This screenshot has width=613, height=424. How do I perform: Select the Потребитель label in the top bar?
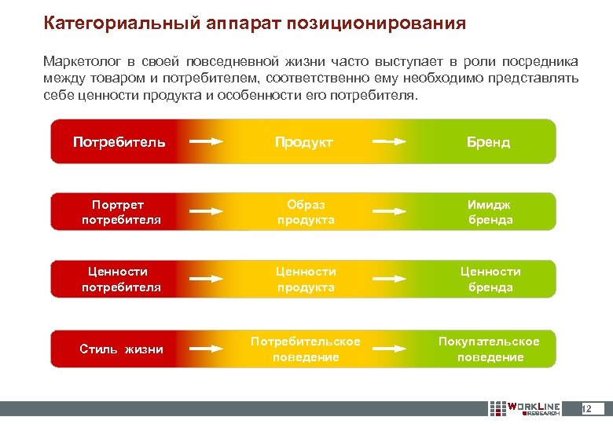(x=119, y=142)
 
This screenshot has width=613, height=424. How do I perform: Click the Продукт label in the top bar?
(x=304, y=142)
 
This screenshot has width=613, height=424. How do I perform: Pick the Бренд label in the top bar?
(x=488, y=142)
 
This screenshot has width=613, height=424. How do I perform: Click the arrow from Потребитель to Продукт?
(x=207, y=142)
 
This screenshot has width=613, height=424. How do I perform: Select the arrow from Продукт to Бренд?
(x=389, y=142)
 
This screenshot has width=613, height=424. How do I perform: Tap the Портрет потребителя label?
(x=121, y=212)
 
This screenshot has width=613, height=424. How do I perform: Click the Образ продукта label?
(x=306, y=212)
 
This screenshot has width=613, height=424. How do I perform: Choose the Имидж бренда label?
(x=490, y=212)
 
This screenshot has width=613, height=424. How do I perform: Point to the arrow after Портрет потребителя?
(x=207, y=211)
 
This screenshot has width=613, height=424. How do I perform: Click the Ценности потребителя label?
(x=121, y=279)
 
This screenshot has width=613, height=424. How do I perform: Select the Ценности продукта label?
(x=306, y=279)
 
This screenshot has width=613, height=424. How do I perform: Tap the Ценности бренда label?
(x=490, y=279)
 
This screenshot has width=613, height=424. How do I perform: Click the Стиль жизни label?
(x=122, y=349)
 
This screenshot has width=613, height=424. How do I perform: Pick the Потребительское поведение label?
(x=306, y=349)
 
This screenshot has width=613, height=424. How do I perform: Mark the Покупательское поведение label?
(x=489, y=349)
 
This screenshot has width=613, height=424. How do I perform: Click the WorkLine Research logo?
(x=524, y=408)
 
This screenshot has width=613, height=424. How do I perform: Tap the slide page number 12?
(x=590, y=408)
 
